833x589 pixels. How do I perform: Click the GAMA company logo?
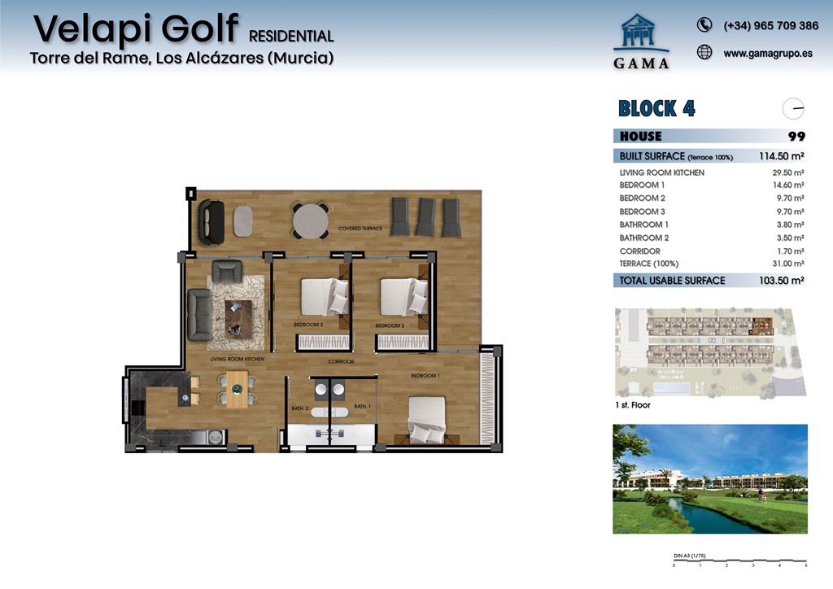642,41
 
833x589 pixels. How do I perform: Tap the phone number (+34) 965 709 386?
770,26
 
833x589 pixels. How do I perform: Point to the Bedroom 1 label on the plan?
425,376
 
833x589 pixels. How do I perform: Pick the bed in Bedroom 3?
324,297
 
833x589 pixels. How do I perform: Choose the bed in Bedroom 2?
403,297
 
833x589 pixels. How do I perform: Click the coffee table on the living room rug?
238,317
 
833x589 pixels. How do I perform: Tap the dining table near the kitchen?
237,389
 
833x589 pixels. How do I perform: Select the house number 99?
796,137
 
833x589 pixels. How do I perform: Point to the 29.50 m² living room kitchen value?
787,172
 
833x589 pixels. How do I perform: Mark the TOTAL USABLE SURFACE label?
672,281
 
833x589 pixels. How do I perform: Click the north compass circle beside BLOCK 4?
793,108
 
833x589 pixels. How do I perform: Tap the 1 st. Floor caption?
633,404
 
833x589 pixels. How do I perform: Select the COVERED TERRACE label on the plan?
360,229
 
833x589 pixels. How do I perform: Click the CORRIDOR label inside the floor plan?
340,361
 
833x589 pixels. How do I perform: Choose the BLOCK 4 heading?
656,108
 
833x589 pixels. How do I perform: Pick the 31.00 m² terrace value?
787,264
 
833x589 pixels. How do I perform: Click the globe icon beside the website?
704,53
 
